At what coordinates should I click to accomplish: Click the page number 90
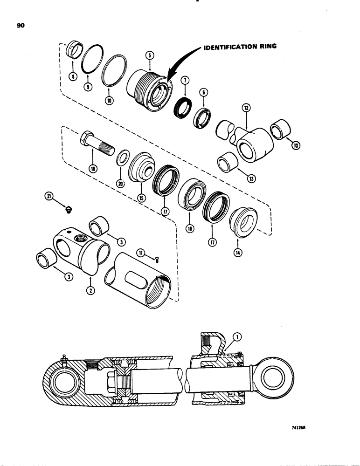pyautogui.click(x=21, y=26)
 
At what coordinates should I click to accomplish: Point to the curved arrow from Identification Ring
pyautogui.click(x=180, y=65)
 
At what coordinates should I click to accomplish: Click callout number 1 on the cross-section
pyautogui.click(x=239, y=347)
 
